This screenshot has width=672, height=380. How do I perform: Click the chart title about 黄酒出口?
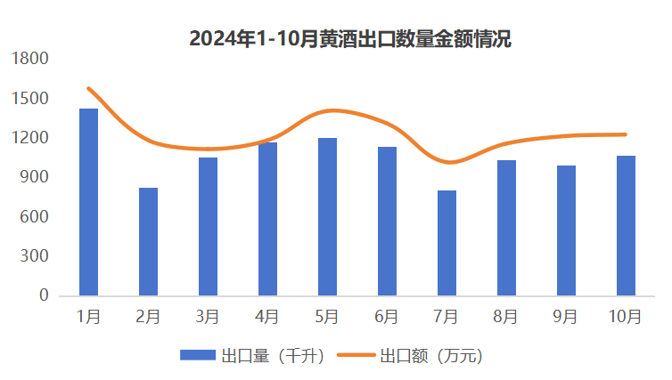coord(349,39)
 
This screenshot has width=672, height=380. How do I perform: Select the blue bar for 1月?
coord(88,202)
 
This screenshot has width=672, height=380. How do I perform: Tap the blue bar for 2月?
coord(148,241)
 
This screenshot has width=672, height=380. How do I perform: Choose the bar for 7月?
coord(447,243)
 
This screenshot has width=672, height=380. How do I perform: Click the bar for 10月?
coord(626,225)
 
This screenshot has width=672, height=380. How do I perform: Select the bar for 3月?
coord(208,226)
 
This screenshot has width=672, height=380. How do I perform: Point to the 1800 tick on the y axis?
coord(31,59)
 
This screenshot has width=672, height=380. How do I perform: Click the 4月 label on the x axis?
coord(267,316)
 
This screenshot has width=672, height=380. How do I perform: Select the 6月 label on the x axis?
coord(387,316)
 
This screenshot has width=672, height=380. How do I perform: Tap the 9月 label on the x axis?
coord(566,316)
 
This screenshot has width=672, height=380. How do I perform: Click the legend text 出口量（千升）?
coord(266,356)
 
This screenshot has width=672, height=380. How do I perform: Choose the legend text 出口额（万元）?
coord(430,356)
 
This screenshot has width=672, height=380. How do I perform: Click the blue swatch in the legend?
coord(199,356)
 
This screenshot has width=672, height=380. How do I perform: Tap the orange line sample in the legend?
coord(356,356)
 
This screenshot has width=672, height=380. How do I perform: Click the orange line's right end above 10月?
coord(626,134)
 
